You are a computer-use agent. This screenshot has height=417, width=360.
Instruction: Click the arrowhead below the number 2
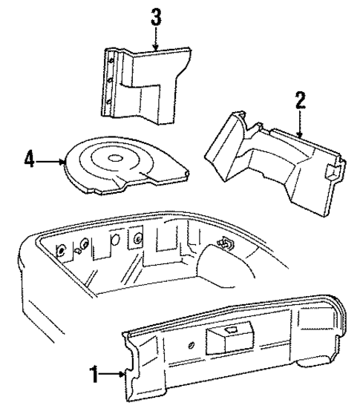299,136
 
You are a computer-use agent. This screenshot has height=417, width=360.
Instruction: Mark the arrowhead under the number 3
156,49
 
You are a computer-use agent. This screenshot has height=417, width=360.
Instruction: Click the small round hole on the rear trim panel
192,344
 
